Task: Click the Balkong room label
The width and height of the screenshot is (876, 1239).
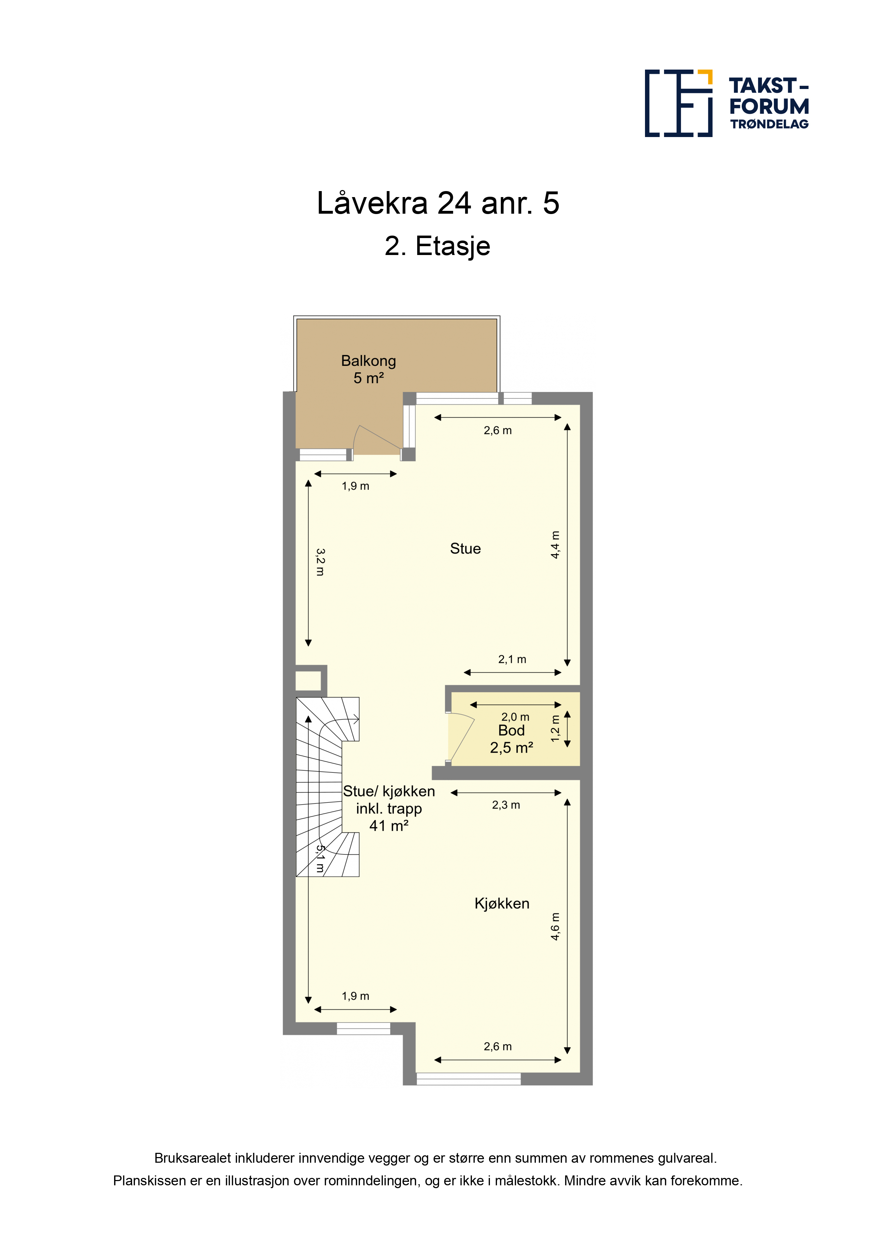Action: (369, 361)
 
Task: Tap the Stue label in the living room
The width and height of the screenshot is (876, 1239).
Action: (465, 549)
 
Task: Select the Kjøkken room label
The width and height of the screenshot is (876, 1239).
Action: (502, 903)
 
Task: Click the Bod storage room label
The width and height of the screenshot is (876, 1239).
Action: (511, 731)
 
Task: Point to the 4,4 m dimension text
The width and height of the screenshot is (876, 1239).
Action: (555, 545)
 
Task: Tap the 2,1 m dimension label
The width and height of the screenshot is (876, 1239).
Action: (512, 659)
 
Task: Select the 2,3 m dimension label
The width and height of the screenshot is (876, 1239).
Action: (506, 805)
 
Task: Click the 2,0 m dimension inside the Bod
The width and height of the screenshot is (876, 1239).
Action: (515, 717)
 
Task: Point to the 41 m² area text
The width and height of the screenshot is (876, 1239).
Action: (389, 826)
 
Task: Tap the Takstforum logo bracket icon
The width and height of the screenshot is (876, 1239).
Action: (679, 103)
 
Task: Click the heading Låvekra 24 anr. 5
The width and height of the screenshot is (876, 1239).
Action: (438, 203)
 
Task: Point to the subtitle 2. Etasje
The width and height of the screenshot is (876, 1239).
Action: (438, 247)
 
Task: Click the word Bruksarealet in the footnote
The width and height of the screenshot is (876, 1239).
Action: (193, 1158)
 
